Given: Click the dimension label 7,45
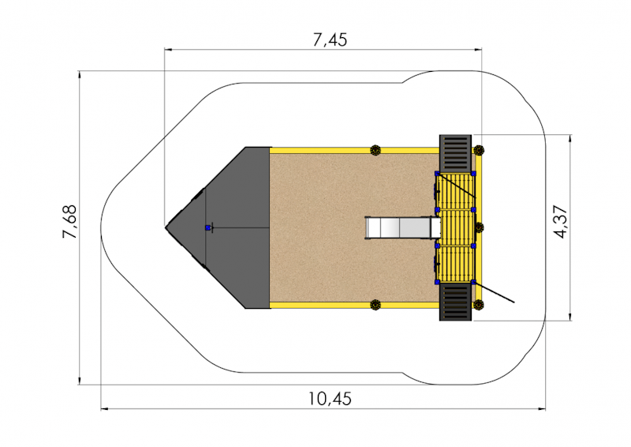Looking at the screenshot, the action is [330, 40].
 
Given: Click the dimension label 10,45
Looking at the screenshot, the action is [330, 399].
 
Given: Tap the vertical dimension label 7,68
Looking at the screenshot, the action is [69, 222].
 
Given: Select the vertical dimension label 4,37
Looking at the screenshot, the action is [561, 223].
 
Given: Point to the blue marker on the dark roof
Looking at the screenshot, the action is [207, 227].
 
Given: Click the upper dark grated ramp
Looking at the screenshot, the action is [455, 153].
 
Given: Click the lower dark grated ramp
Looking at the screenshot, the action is [455, 302].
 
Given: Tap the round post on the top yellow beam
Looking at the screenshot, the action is [375, 150].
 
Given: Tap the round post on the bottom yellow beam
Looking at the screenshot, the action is [375, 305].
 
